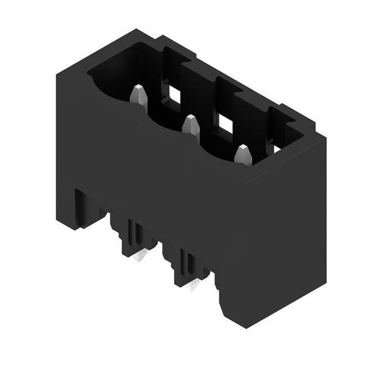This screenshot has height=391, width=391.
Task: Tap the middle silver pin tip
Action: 191,125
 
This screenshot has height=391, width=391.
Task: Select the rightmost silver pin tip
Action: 243,154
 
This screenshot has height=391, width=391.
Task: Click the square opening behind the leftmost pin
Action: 175,95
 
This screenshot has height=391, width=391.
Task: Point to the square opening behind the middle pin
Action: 227,124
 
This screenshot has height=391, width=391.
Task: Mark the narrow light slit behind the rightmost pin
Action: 276,147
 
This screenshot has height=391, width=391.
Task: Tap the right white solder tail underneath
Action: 195,285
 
